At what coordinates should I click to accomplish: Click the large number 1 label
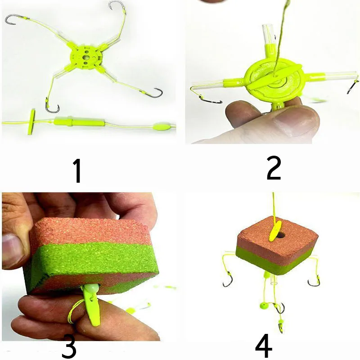click(78, 171)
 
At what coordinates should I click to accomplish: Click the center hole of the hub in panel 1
click(86, 57)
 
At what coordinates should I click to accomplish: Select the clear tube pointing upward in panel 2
click(269, 33)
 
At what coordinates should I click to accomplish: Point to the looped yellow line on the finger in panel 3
click(74, 311)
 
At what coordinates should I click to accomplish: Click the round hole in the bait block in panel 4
click(281, 235)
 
